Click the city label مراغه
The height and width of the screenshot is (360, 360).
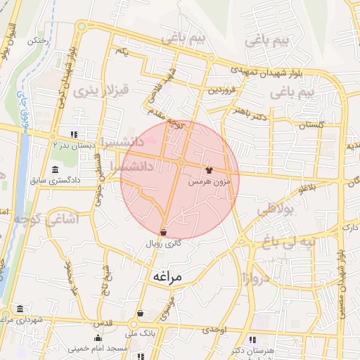coord(167,277)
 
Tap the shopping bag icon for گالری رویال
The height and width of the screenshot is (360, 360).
coord(163,231)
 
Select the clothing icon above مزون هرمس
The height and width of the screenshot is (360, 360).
coord(208,170)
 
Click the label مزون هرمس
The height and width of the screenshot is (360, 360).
coord(209,181)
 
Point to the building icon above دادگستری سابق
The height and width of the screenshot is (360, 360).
coord(56,169)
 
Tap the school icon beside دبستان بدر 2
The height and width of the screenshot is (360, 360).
coord(74,135)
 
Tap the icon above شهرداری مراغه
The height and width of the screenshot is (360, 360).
coord(18,309)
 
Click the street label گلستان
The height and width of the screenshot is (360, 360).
coord(310,124)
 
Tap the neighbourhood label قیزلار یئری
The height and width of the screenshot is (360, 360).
coord(103,90)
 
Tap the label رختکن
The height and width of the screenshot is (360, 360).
coord(36,41)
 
